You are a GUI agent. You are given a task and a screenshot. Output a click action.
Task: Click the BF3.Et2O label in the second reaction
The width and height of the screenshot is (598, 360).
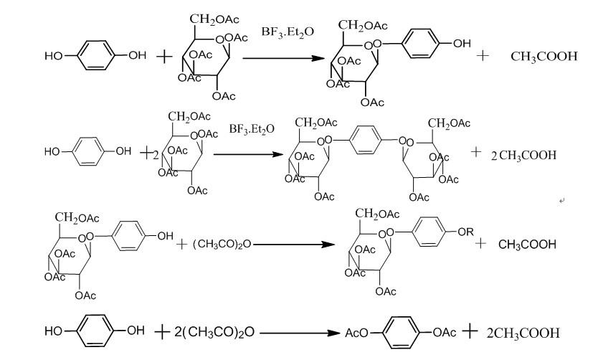[x=252, y=130]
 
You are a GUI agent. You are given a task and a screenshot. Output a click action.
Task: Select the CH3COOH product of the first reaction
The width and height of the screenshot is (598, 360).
[x=544, y=56]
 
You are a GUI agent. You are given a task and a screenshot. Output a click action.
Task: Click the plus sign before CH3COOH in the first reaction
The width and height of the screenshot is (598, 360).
[x=482, y=55]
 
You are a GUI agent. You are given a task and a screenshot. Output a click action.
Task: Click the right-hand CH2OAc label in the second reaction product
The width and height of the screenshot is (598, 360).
[x=450, y=124]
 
